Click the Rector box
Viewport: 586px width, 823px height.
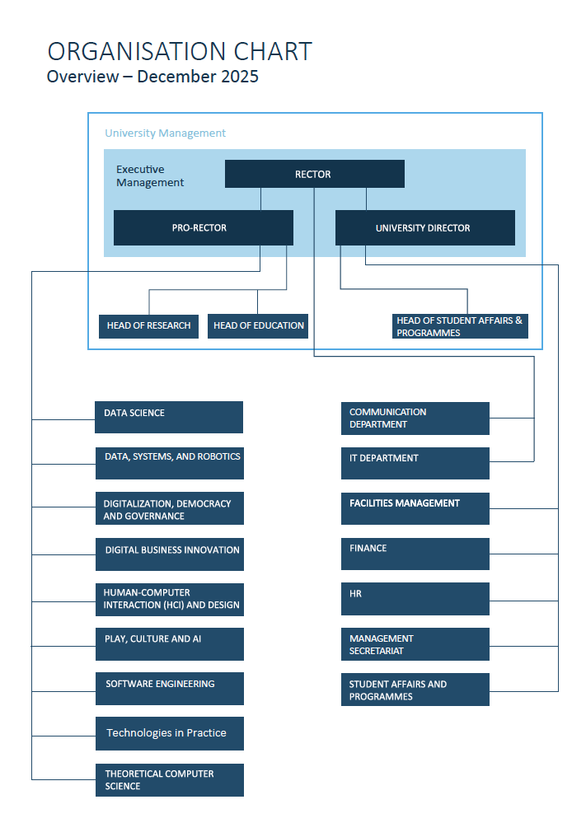click(314, 174)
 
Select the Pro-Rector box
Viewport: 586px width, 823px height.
click(203, 227)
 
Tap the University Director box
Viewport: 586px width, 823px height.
click(424, 227)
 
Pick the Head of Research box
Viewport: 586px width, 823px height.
click(148, 325)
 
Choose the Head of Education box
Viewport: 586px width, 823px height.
click(258, 325)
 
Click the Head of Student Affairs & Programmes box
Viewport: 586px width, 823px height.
click(460, 326)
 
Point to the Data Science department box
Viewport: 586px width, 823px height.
click(169, 417)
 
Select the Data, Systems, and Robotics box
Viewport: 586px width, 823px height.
click(169, 462)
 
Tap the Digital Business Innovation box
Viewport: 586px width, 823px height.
click(169, 554)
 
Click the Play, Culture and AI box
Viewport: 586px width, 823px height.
click(169, 643)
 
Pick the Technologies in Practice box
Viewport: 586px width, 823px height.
click(169, 733)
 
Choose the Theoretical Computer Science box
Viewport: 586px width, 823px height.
click(169, 779)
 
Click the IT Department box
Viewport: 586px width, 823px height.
click(415, 463)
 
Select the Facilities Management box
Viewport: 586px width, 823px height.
click(415, 508)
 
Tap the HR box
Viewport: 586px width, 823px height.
click(415, 599)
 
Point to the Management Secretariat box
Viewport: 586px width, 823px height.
click(415, 644)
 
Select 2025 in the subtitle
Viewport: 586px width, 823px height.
click(238, 77)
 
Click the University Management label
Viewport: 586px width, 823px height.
click(165, 133)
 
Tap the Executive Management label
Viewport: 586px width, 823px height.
click(150, 176)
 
